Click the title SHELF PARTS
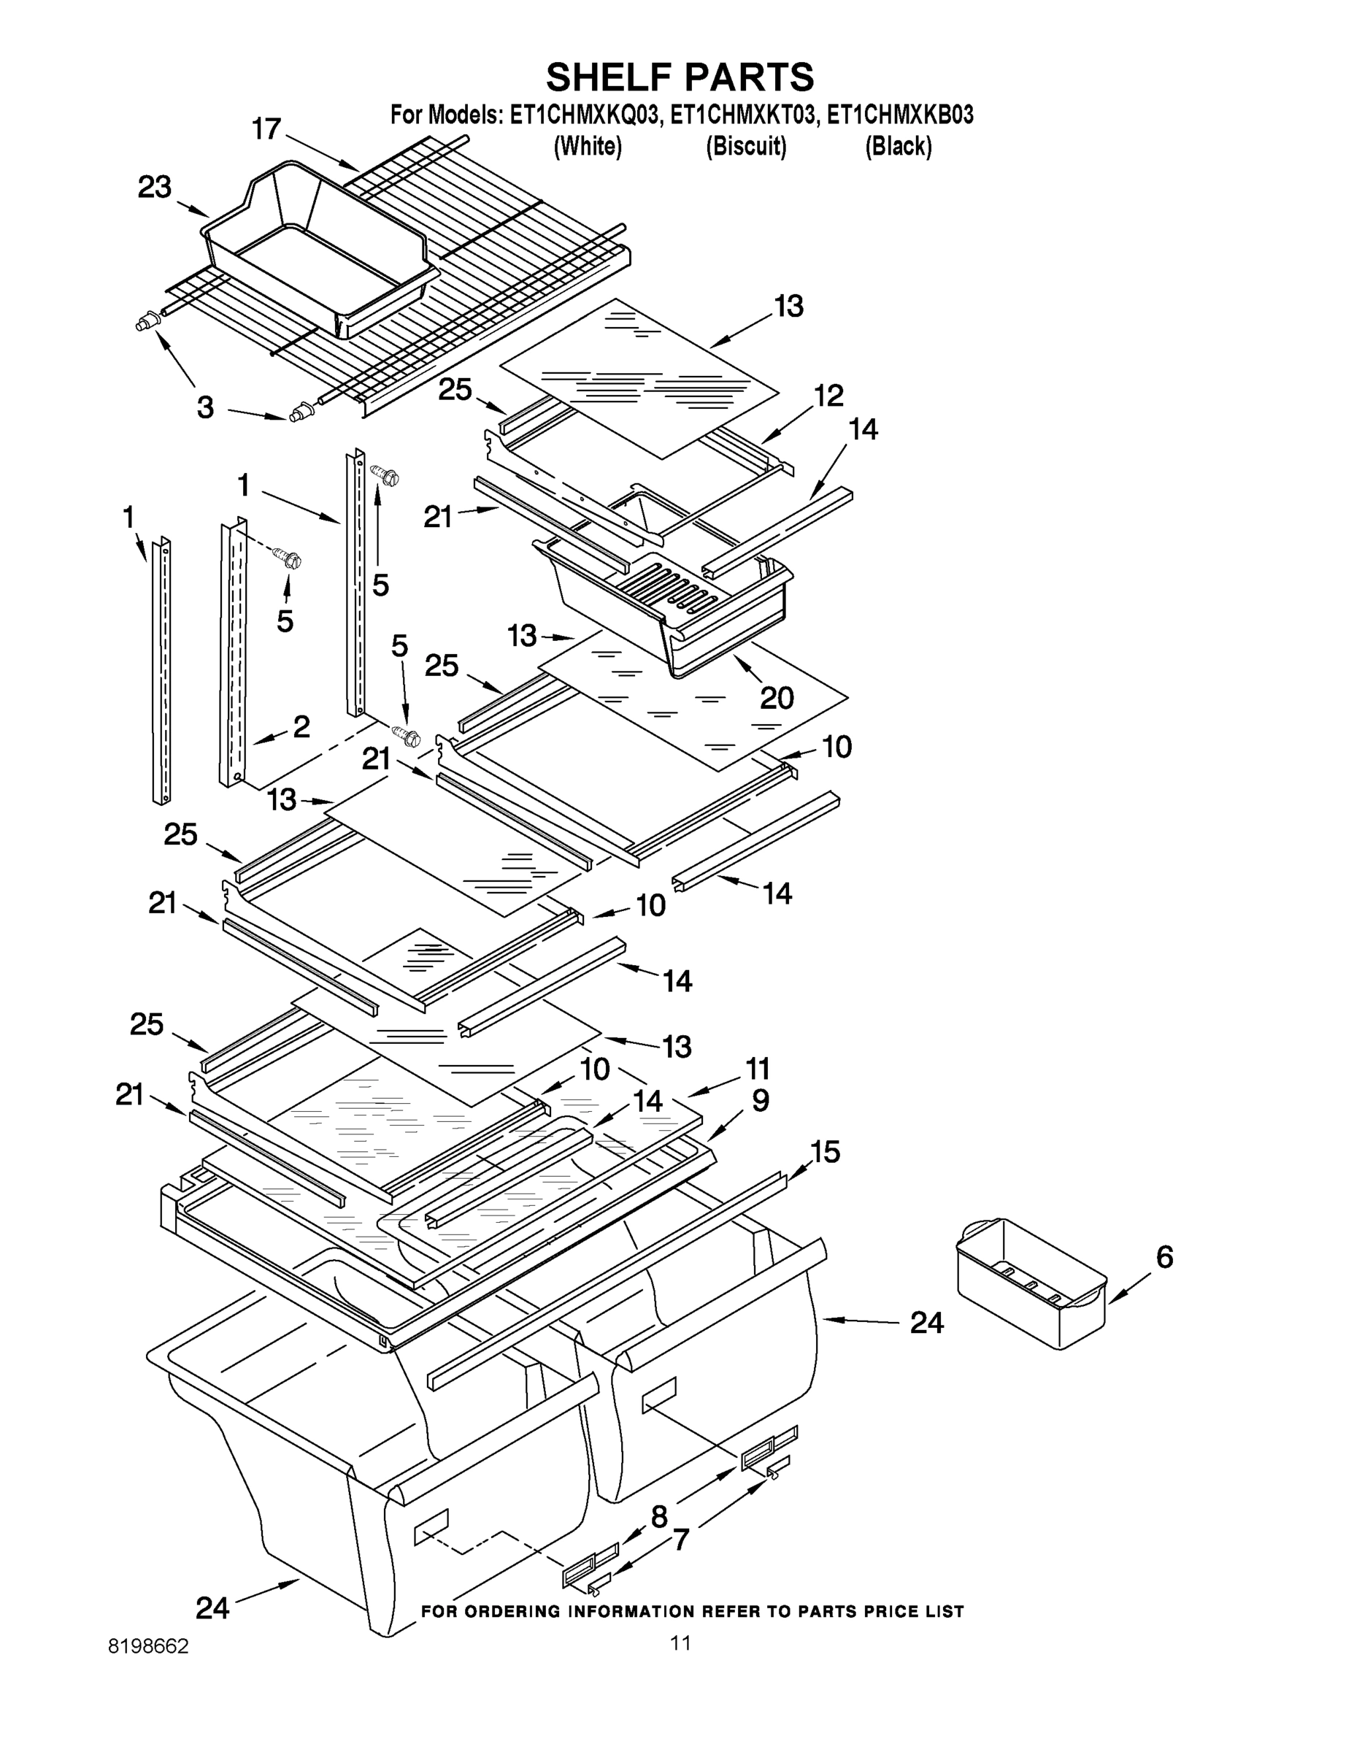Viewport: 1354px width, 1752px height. click(680, 78)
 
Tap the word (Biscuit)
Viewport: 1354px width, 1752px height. click(746, 147)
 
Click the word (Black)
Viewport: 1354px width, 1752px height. click(898, 147)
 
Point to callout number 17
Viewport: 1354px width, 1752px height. click(266, 128)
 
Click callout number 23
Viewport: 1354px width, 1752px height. click(155, 188)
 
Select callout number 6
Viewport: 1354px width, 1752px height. click(1165, 1257)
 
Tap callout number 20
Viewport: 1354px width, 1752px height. click(777, 698)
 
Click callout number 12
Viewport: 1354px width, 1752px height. click(828, 396)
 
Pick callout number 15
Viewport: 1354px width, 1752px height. click(825, 1152)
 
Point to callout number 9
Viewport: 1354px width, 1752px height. click(761, 1101)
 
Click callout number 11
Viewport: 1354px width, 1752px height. click(757, 1069)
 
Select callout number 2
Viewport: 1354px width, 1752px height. click(301, 727)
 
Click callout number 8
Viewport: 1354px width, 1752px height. click(658, 1517)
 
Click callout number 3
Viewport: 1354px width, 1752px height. click(205, 407)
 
